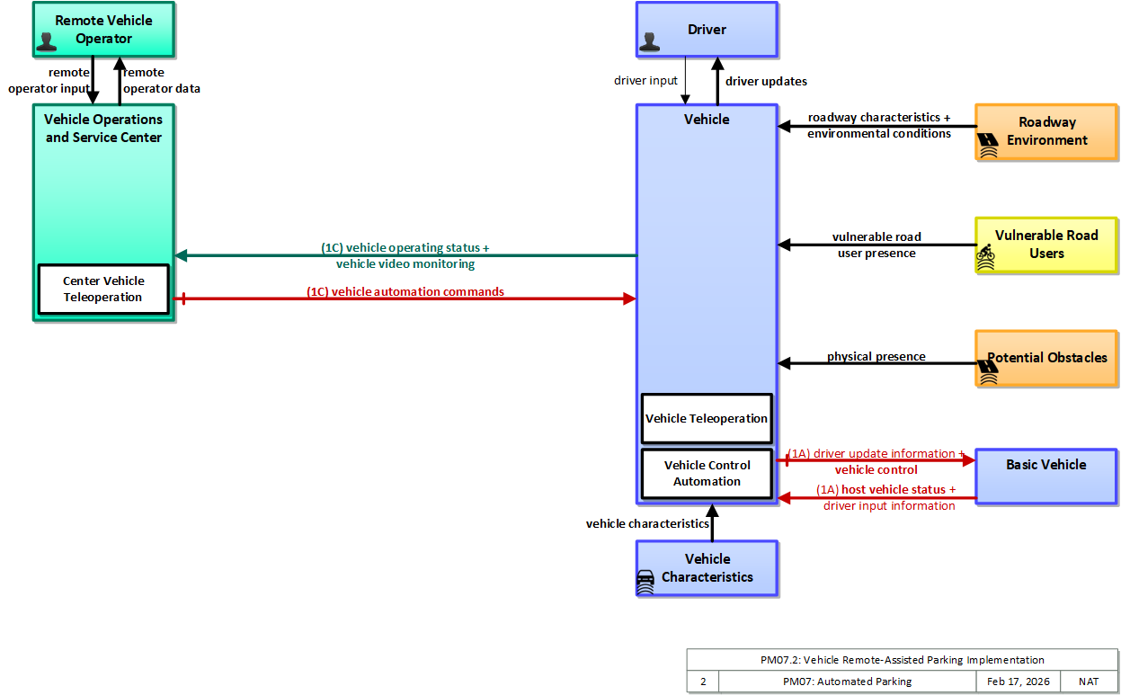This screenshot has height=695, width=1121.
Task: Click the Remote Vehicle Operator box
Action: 103,30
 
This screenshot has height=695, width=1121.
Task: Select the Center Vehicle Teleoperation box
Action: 103,290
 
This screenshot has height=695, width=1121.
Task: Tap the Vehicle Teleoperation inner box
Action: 707,418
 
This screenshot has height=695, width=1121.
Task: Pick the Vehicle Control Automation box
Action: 707,473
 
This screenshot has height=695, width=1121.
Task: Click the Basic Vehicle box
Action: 1045,476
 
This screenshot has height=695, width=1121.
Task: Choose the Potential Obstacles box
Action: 1045,358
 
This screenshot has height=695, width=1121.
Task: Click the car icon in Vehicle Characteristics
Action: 645,582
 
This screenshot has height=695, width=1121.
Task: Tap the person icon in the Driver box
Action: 650,42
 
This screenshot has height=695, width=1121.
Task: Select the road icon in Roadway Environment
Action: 988,145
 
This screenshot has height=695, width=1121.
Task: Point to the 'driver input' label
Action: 645,81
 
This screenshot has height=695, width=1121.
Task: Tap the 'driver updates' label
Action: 766,81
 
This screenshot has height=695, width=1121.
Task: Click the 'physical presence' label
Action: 876,356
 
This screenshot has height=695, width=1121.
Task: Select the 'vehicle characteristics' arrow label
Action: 647,523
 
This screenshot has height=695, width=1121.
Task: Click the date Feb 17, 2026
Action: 1018,681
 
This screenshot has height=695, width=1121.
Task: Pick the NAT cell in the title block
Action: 1089,681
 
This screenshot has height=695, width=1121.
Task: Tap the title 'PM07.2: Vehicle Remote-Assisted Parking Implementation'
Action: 902,659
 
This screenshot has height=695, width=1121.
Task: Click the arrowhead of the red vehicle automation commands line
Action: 629,298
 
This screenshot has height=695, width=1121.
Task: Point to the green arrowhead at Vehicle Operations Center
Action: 182,255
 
